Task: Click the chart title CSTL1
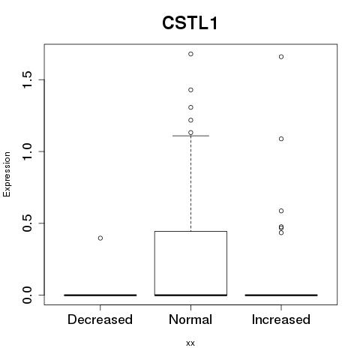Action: [190, 23]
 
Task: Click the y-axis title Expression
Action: [7, 174]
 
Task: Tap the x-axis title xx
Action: [190, 343]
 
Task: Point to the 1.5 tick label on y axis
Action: [27, 79]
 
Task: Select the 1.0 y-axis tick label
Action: [27, 151]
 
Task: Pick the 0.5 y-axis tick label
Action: [27, 223]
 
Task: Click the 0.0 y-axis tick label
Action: [27, 295]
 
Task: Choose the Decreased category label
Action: [100, 319]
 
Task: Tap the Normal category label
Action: [190, 319]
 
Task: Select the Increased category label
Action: [281, 319]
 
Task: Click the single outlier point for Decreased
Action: [100, 238]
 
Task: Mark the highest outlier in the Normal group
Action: [190, 54]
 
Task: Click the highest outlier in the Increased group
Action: [281, 57]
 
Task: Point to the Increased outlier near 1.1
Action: [281, 139]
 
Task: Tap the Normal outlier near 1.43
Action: [190, 90]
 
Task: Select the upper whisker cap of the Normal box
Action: [190, 136]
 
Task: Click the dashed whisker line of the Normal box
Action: [190, 184]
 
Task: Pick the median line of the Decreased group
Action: [100, 295]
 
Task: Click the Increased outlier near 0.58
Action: [281, 211]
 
